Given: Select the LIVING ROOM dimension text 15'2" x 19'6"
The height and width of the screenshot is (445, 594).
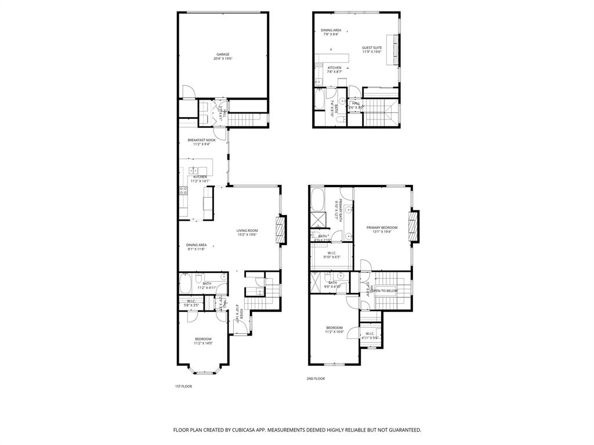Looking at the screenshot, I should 247,235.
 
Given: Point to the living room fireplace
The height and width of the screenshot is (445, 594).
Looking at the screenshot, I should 280,229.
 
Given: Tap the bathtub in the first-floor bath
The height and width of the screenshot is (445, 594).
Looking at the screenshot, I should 186,284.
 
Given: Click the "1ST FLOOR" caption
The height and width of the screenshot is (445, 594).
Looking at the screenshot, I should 183,386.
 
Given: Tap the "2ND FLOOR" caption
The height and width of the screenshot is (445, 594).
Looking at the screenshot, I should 316,378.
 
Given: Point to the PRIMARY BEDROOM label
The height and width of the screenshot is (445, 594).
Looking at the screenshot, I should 382,228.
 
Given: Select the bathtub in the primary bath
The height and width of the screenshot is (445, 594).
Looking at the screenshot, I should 318,200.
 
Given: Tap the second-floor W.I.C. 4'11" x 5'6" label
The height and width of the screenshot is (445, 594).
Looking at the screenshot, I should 370,335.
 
